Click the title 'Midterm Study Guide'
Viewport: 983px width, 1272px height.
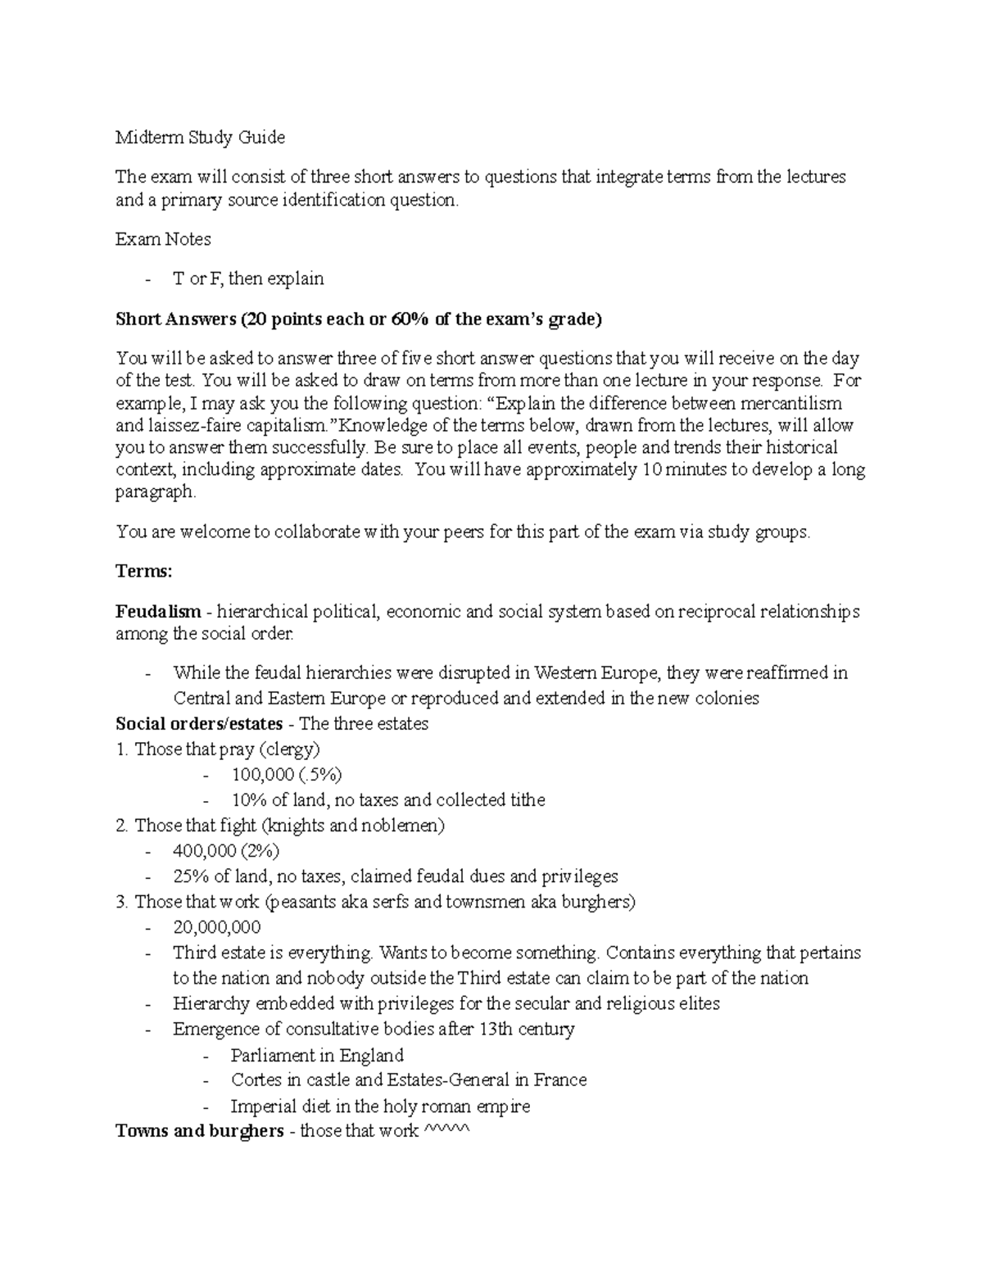point(200,138)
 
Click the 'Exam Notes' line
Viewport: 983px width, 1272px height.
point(163,239)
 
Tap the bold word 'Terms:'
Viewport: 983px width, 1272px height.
point(144,572)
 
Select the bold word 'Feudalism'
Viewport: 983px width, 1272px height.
point(158,612)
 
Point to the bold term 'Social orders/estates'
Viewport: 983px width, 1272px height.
point(199,724)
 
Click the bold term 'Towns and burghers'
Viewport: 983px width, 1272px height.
point(199,1132)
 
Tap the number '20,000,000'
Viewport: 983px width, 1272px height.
point(217,927)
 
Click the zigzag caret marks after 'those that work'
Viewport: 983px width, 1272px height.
point(445,1132)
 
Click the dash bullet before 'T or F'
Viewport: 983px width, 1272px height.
point(147,279)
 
